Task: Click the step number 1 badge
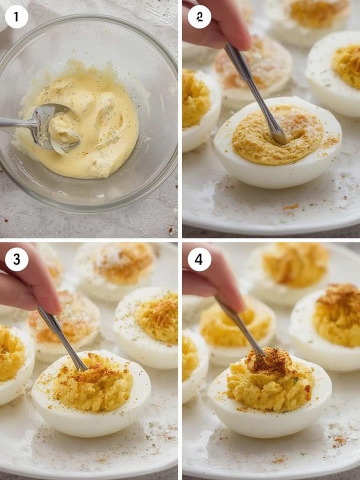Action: (16, 17)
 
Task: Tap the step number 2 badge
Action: (199, 17)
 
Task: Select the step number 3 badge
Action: (16, 259)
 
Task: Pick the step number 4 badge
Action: (199, 259)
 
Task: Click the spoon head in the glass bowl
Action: (54, 127)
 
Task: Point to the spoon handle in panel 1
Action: (16, 123)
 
